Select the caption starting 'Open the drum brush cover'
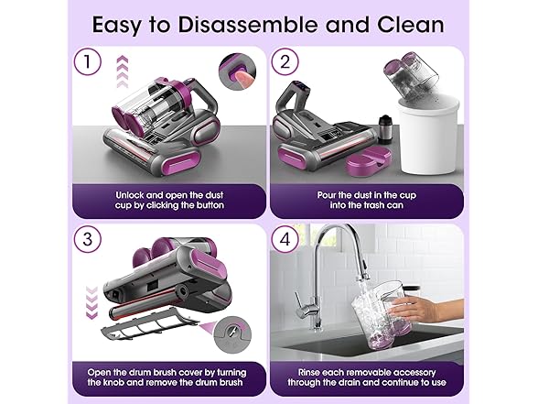pyautogui.click(x=168, y=377)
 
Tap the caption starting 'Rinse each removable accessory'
pyautogui.click(x=367, y=377)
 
